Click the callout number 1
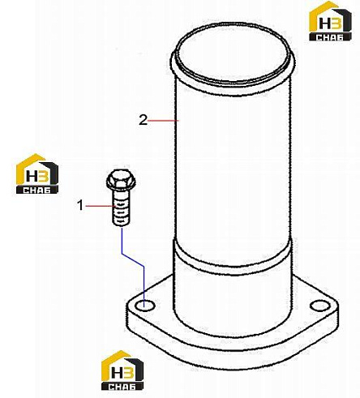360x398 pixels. click(80, 205)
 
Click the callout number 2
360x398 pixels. click(144, 120)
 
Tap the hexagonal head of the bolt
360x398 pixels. click(121, 180)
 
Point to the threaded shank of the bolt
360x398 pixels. click(121, 208)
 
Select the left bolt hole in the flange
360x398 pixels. click(145, 306)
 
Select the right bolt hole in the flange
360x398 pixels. click(320, 306)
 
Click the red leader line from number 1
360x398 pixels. click(101, 206)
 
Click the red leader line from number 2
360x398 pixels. click(163, 120)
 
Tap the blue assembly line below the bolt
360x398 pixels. click(132, 260)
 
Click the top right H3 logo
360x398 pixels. click(330, 21)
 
